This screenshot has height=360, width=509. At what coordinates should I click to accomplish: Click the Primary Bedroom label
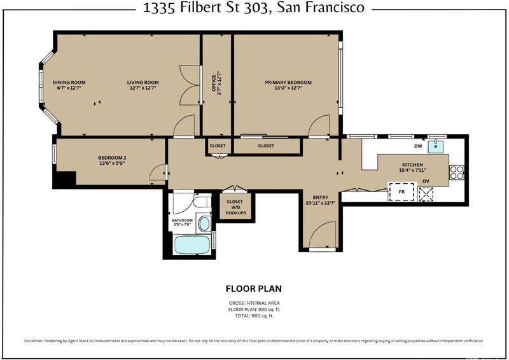coord(288,83)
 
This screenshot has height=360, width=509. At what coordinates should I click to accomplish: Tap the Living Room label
coord(143,83)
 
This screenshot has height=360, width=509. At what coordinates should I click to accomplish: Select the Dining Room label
coord(69,83)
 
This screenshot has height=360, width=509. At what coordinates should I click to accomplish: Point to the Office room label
coord(214,83)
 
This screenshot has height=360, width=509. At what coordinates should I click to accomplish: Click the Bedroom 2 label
coord(112,158)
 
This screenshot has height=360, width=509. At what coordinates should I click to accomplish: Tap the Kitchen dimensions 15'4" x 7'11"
coord(412,170)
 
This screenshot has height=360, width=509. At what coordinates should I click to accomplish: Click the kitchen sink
coord(436,146)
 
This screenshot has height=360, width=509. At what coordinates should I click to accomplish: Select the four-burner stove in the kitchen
coord(456,172)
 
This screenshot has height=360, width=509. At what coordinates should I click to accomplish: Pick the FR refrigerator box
coord(401,192)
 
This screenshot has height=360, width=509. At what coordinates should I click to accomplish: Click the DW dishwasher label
coord(418,146)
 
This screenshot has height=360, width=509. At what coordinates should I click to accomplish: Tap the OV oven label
coord(426,181)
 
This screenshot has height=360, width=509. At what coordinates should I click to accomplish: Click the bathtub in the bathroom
coord(192,244)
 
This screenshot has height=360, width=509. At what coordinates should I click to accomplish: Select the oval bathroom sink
coord(204,224)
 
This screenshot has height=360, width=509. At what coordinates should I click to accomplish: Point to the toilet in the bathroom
coord(201,201)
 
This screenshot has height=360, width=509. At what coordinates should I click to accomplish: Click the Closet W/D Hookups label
coord(235,207)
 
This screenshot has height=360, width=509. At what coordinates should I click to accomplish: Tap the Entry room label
coord(321,197)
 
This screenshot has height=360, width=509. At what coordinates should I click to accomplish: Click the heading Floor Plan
coord(254,289)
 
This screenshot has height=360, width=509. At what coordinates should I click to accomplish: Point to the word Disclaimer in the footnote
coord(34,341)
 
